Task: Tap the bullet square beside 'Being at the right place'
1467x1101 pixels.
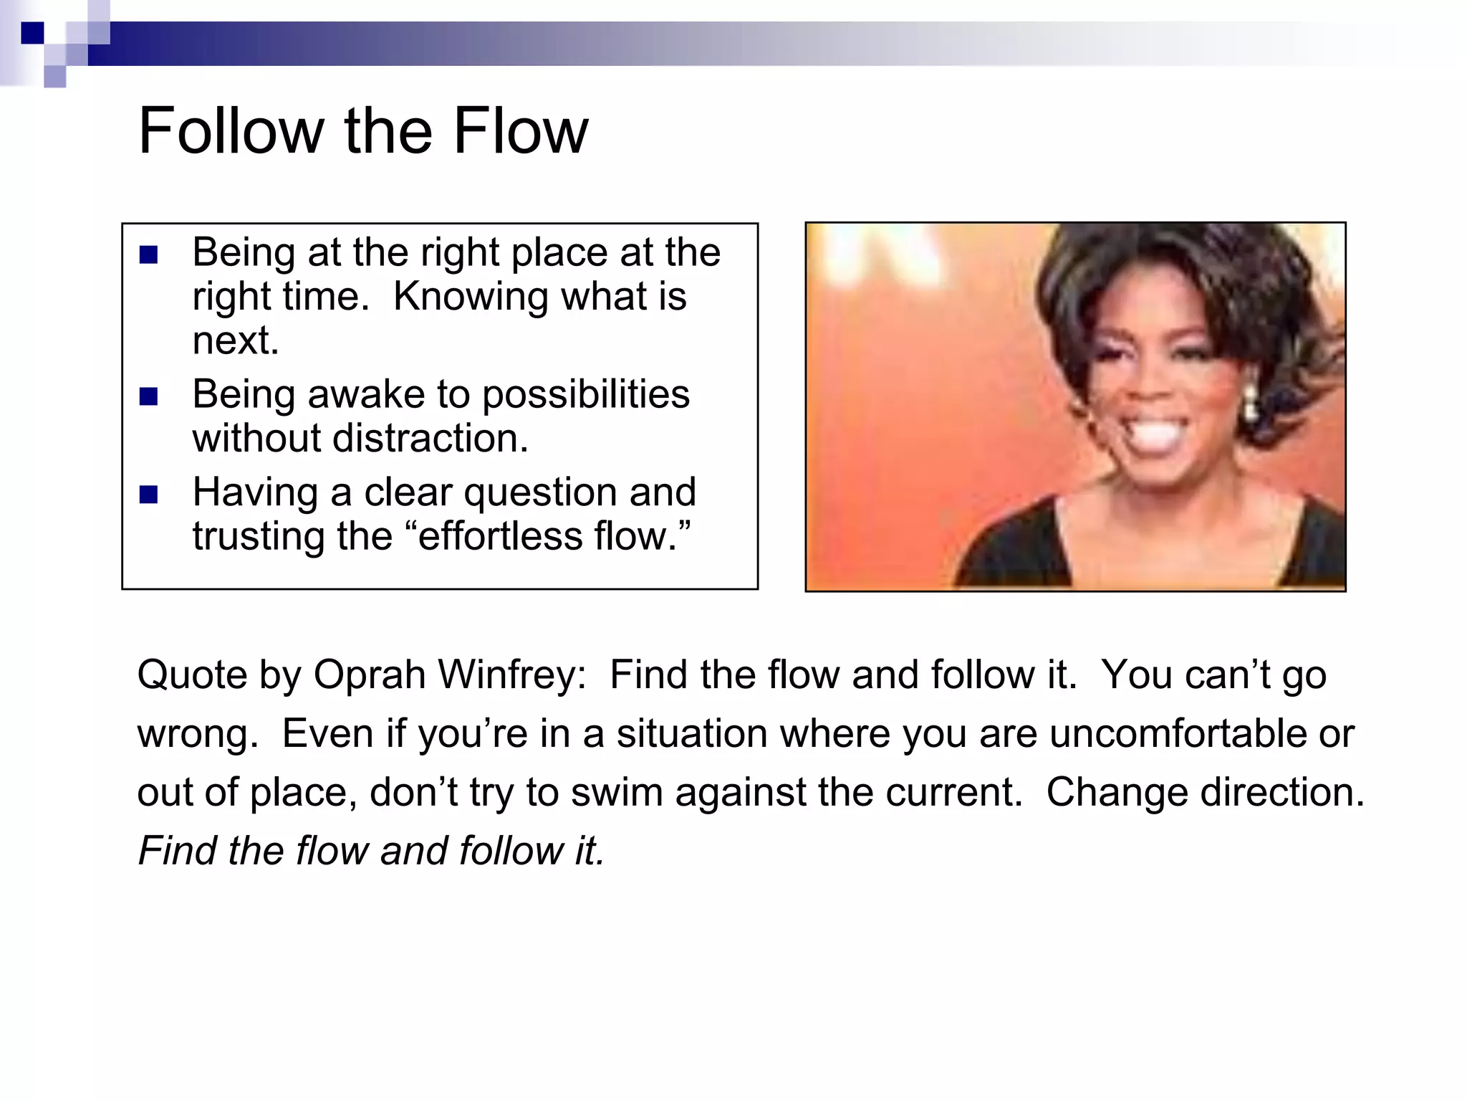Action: click(148, 254)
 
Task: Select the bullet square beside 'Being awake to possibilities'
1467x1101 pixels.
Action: click(148, 396)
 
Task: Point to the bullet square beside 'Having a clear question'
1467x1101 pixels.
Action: click(148, 495)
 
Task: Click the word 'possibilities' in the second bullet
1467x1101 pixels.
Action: click(585, 394)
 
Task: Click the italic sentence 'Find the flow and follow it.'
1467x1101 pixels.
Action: click(371, 852)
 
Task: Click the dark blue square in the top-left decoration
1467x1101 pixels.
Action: click(32, 33)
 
